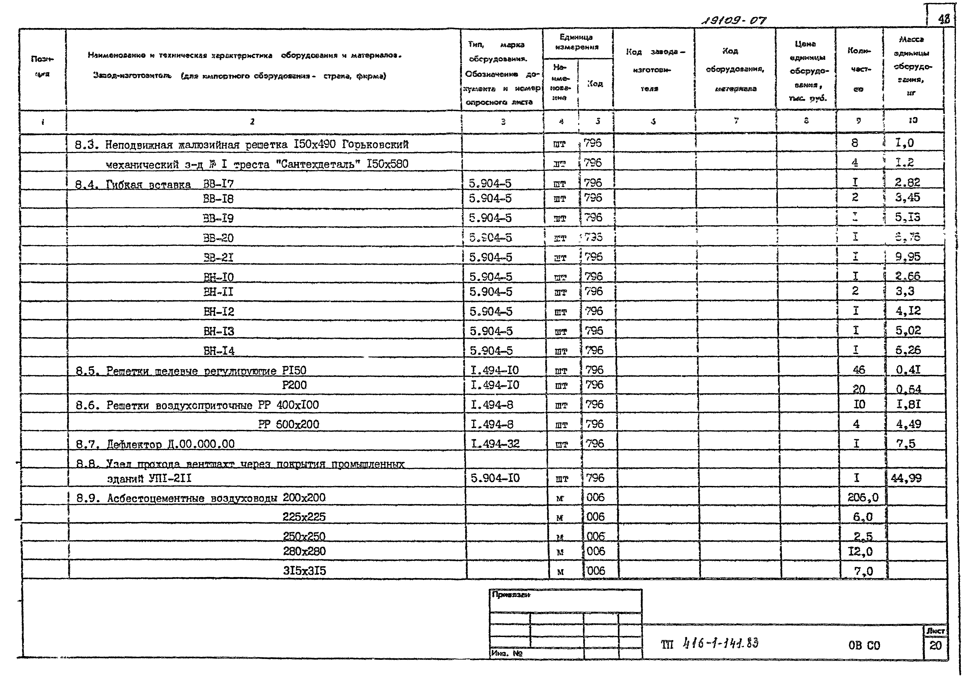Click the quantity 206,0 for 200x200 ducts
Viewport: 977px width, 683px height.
863,497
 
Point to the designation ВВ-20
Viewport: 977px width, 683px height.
218,238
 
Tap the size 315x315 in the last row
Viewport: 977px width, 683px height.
305,571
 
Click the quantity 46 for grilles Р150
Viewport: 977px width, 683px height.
859,370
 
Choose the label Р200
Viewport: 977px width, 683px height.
294,385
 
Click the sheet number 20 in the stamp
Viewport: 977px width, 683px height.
935,646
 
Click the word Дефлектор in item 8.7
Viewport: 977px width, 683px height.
134,444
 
